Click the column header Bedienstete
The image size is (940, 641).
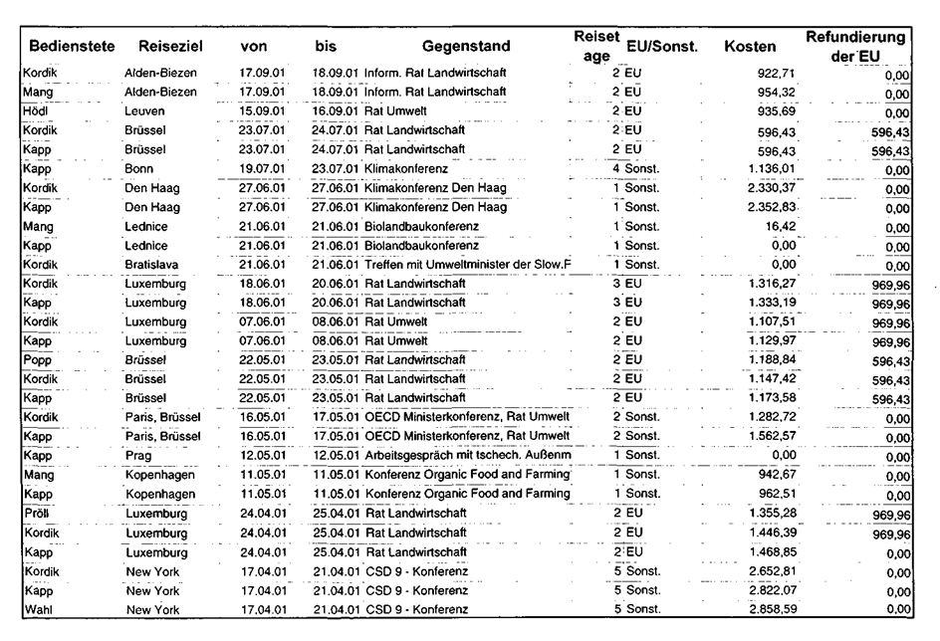[x=72, y=46]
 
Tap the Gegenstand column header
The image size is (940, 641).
[x=466, y=46]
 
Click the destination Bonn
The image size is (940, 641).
[x=140, y=170]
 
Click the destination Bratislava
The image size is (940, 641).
[x=152, y=266]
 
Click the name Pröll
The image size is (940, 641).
[x=34, y=515]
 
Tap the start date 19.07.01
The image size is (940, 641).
[x=263, y=170]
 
